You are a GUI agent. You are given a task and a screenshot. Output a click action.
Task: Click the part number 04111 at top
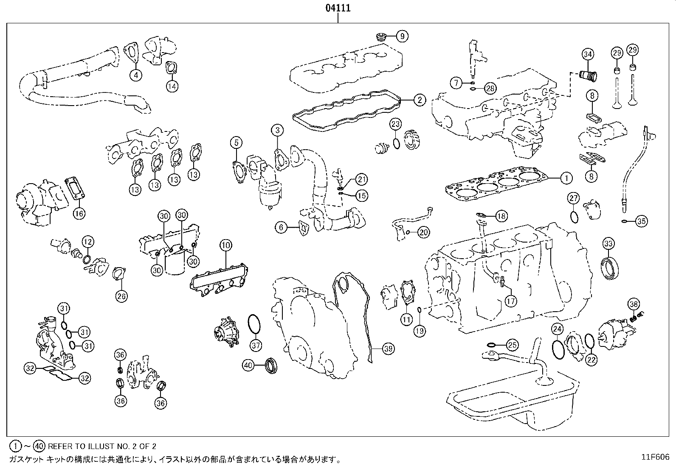[338, 8]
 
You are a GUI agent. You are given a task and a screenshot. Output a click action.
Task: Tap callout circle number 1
[566, 178]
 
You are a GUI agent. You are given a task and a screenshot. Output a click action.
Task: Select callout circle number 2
[419, 100]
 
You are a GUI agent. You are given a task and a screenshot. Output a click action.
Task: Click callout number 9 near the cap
[402, 36]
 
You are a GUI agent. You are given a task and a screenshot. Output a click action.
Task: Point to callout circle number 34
[588, 54]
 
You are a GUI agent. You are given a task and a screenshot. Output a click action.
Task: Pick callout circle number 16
[79, 213]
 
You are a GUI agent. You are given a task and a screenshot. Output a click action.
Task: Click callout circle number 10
[225, 245]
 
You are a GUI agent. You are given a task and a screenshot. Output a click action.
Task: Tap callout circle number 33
[608, 243]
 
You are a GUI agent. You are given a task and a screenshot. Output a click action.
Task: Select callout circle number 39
[388, 349]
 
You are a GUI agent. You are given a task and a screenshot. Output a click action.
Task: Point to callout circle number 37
[256, 346]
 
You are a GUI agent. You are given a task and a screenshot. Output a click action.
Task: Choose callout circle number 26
[121, 296]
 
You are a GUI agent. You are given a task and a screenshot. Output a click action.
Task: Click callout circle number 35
[642, 221]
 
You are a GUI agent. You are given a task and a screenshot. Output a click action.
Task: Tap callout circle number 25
[513, 345]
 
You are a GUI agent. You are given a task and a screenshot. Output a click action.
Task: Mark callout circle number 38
[634, 304]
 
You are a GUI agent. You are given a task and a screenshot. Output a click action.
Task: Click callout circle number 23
[395, 124]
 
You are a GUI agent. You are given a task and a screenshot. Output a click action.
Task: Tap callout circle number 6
[281, 228]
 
